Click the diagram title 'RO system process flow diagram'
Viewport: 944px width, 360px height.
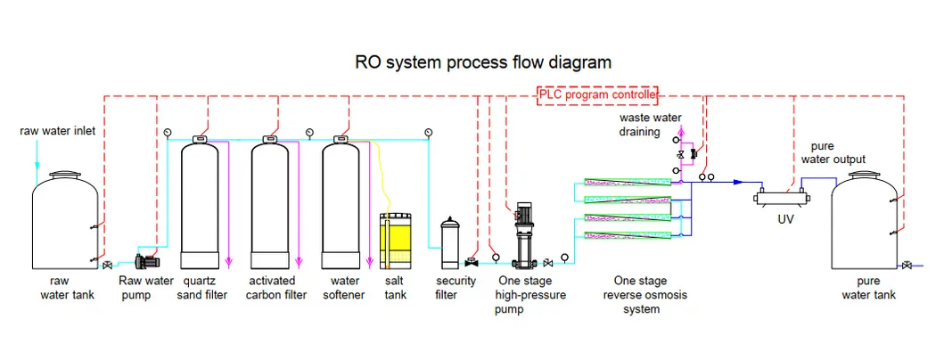[472, 62]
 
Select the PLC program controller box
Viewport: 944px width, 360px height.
[597, 95]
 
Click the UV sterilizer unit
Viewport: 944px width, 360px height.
[775, 199]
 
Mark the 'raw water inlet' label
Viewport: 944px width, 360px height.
[57, 132]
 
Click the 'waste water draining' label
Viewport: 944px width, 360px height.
[651, 125]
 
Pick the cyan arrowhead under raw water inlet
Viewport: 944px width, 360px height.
[37, 166]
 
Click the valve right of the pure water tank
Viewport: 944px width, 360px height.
[907, 265]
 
